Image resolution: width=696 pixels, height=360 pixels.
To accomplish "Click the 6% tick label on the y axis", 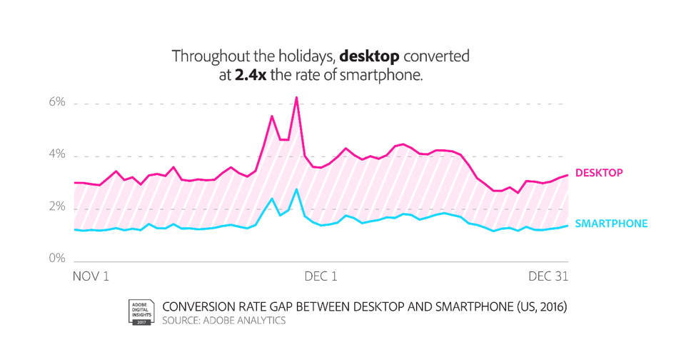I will [56, 104].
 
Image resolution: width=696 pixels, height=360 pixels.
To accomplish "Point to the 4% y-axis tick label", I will [56, 156].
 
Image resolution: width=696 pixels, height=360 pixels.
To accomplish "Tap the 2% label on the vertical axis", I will [56, 207].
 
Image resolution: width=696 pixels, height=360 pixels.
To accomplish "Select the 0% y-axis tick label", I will [56, 259].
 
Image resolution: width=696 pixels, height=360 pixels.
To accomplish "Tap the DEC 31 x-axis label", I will [548, 275].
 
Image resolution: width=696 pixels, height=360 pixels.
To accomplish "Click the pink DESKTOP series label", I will [599, 172].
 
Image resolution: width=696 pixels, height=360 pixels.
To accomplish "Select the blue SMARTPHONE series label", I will [611, 224].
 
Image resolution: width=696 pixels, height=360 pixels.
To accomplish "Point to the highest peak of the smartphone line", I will [296, 189].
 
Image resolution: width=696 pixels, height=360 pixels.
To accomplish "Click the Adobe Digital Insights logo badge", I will [141, 312].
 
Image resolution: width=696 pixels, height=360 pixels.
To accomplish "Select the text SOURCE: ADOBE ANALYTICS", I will [224, 321].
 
